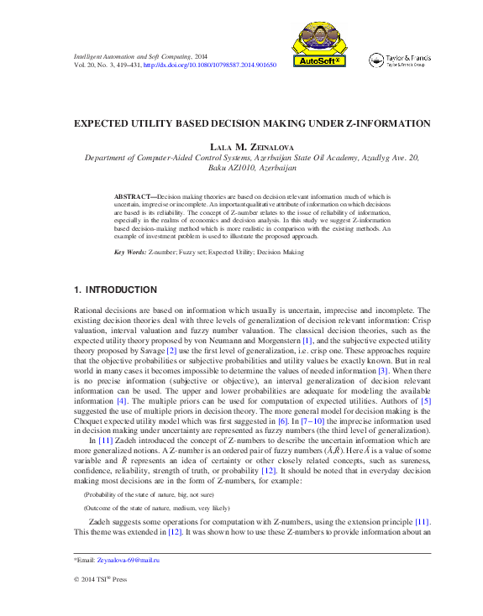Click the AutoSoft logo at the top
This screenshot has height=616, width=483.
coord(318,44)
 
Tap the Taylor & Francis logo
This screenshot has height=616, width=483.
coord(400,60)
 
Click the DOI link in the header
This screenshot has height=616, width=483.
coord(210,65)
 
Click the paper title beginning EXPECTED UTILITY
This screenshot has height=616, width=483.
coord(252,123)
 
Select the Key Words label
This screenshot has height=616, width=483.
coord(130,252)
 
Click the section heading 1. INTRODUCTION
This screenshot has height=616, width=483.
coord(116,290)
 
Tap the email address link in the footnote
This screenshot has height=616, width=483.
coord(129,559)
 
